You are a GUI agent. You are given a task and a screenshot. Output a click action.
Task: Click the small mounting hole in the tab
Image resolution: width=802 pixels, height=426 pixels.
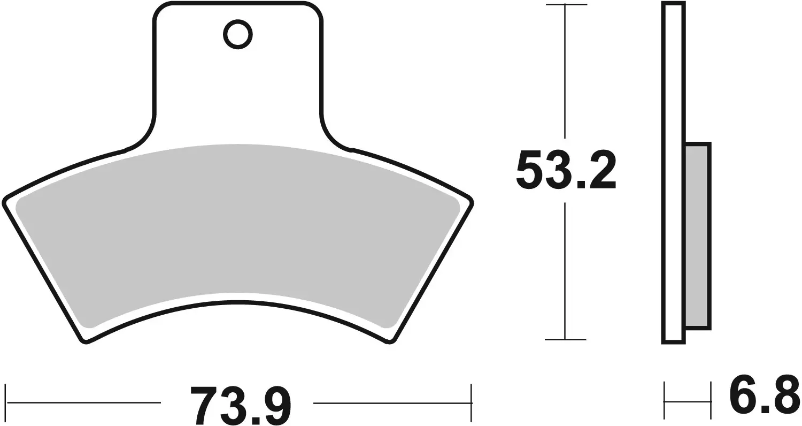click(237, 35)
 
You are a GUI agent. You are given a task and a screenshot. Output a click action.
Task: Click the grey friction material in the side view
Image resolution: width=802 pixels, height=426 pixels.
click(697, 235)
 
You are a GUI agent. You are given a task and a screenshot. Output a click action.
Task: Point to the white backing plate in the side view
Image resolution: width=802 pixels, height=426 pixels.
click(674, 171)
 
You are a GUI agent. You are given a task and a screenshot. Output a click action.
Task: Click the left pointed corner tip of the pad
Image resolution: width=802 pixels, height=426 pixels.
click(5, 202)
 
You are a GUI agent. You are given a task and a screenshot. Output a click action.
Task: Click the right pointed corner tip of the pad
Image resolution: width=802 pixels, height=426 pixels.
click(472, 202)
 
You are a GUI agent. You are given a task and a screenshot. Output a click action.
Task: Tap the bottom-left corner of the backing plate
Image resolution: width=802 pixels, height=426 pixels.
click(85, 341)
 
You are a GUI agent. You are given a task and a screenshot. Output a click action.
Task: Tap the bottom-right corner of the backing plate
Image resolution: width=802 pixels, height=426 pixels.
click(391, 341)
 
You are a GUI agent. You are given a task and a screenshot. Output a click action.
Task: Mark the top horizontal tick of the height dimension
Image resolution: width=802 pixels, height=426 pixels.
click(566, 4)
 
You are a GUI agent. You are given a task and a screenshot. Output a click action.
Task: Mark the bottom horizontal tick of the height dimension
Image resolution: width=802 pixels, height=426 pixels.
click(566, 339)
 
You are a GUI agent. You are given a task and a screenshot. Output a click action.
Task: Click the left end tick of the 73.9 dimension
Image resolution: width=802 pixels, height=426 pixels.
click(6, 402)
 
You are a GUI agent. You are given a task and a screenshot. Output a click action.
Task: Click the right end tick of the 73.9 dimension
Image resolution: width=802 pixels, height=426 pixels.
click(471, 402)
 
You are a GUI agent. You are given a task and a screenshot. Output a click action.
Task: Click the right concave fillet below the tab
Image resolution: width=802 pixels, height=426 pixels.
click(334, 134)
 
